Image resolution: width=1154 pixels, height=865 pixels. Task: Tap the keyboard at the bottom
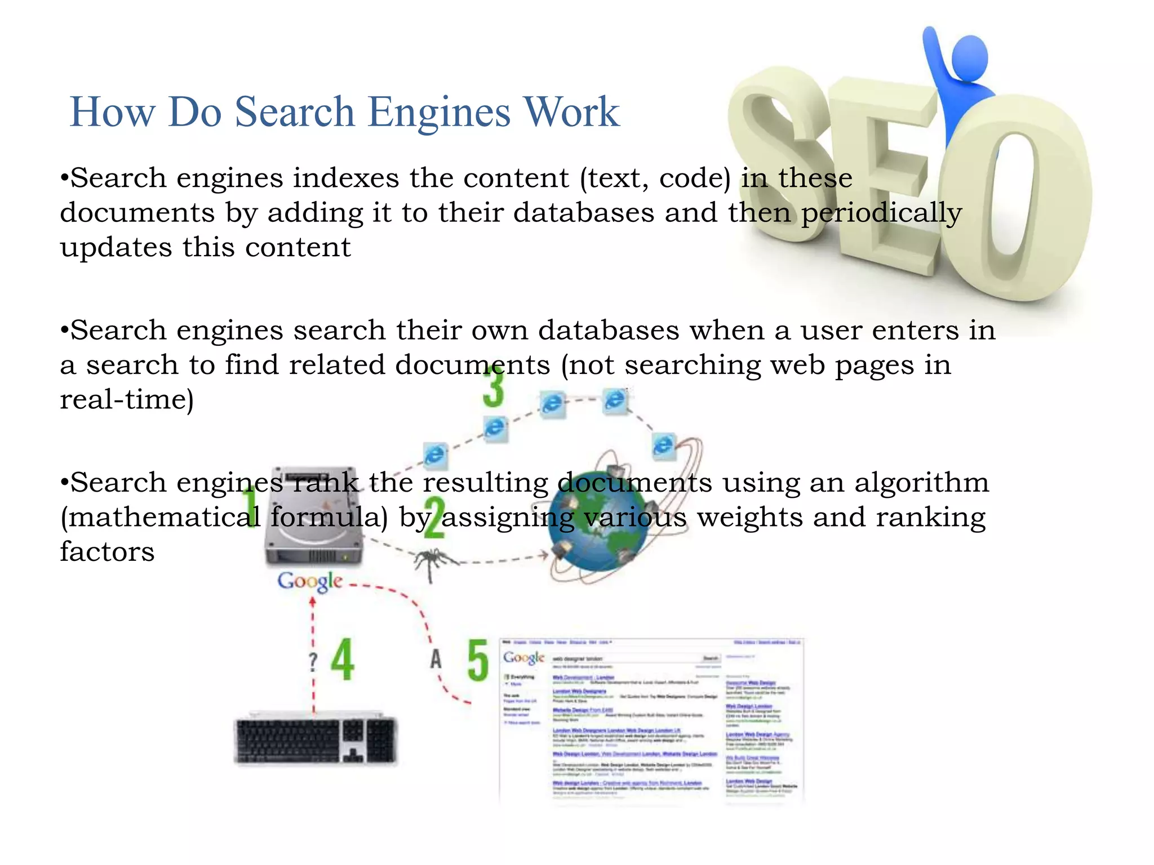(x=316, y=741)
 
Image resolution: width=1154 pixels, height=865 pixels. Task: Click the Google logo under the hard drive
(x=310, y=581)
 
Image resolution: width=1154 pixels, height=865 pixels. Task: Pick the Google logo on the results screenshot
(x=523, y=658)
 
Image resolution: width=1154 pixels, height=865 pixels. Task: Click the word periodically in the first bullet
(x=882, y=213)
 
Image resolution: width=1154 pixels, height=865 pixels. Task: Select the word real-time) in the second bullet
(x=127, y=400)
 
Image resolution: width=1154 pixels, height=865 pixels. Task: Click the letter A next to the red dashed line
(x=436, y=659)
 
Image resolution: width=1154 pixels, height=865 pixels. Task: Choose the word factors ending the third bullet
(x=107, y=552)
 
